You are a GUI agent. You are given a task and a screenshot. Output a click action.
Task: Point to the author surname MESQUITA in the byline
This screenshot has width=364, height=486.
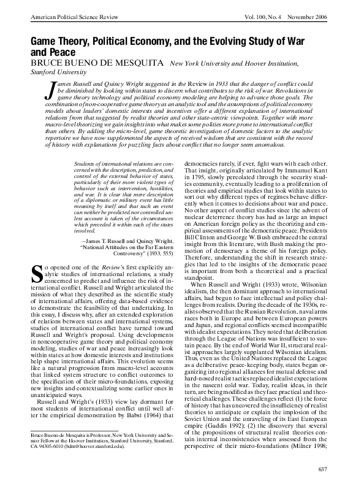136,63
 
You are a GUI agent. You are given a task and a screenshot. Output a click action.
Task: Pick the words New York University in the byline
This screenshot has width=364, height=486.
201,64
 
